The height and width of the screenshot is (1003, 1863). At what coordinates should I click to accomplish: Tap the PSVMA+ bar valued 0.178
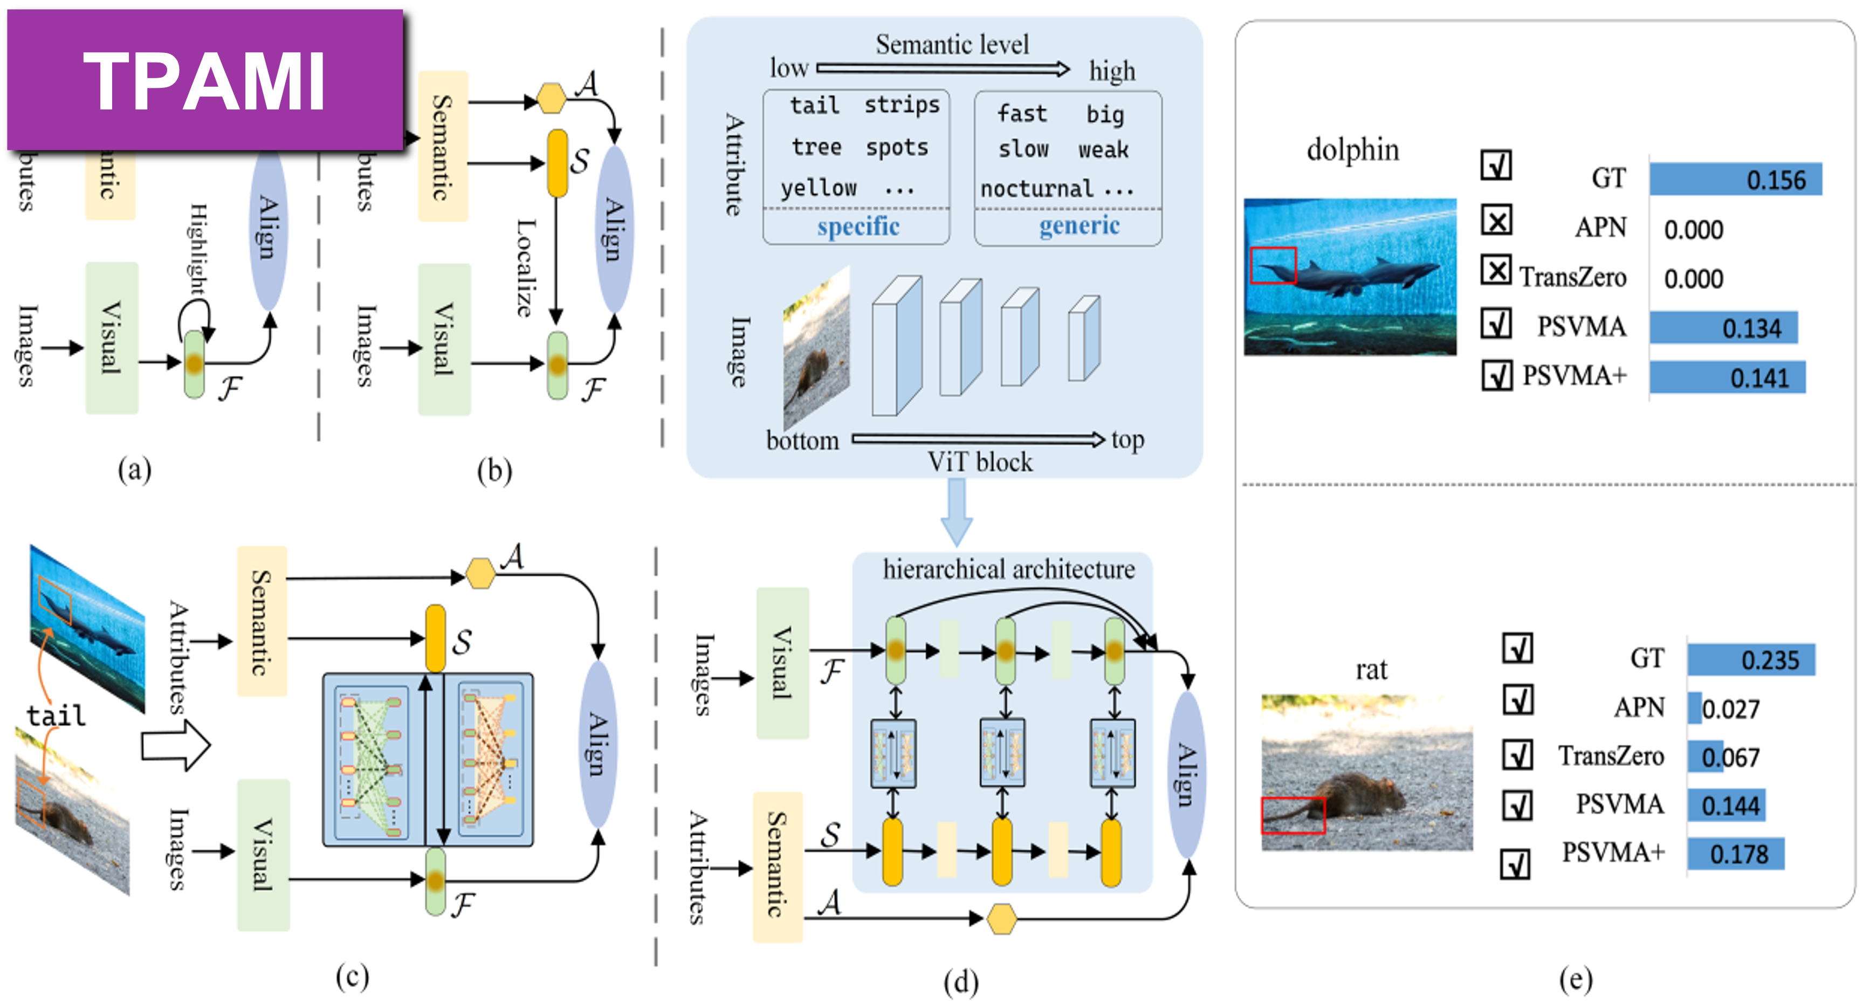tap(1735, 854)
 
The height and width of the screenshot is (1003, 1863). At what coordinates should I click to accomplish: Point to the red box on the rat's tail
tap(1293, 815)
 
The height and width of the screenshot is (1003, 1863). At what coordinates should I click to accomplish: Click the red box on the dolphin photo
tap(1273, 265)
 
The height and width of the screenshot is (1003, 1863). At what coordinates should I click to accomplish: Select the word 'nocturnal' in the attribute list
tap(1036, 189)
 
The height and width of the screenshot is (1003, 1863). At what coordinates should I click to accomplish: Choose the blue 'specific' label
tap(858, 227)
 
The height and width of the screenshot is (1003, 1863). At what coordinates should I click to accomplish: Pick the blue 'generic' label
tap(1079, 225)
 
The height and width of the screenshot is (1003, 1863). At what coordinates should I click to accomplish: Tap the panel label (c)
tap(352, 976)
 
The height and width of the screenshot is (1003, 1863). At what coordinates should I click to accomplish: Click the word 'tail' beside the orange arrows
tap(56, 716)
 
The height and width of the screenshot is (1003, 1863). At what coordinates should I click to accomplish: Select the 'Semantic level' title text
tap(952, 45)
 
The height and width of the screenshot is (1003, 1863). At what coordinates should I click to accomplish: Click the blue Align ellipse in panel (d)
tap(1186, 774)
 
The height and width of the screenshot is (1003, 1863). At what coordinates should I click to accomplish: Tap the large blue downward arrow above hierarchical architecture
tap(956, 512)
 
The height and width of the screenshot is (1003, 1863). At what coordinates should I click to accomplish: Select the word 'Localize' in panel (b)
tap(526, 267)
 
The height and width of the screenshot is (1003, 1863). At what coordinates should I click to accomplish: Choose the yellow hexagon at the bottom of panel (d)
tap(1002, 918)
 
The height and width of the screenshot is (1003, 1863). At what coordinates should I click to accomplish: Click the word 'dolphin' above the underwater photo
tap(1352, 150)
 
